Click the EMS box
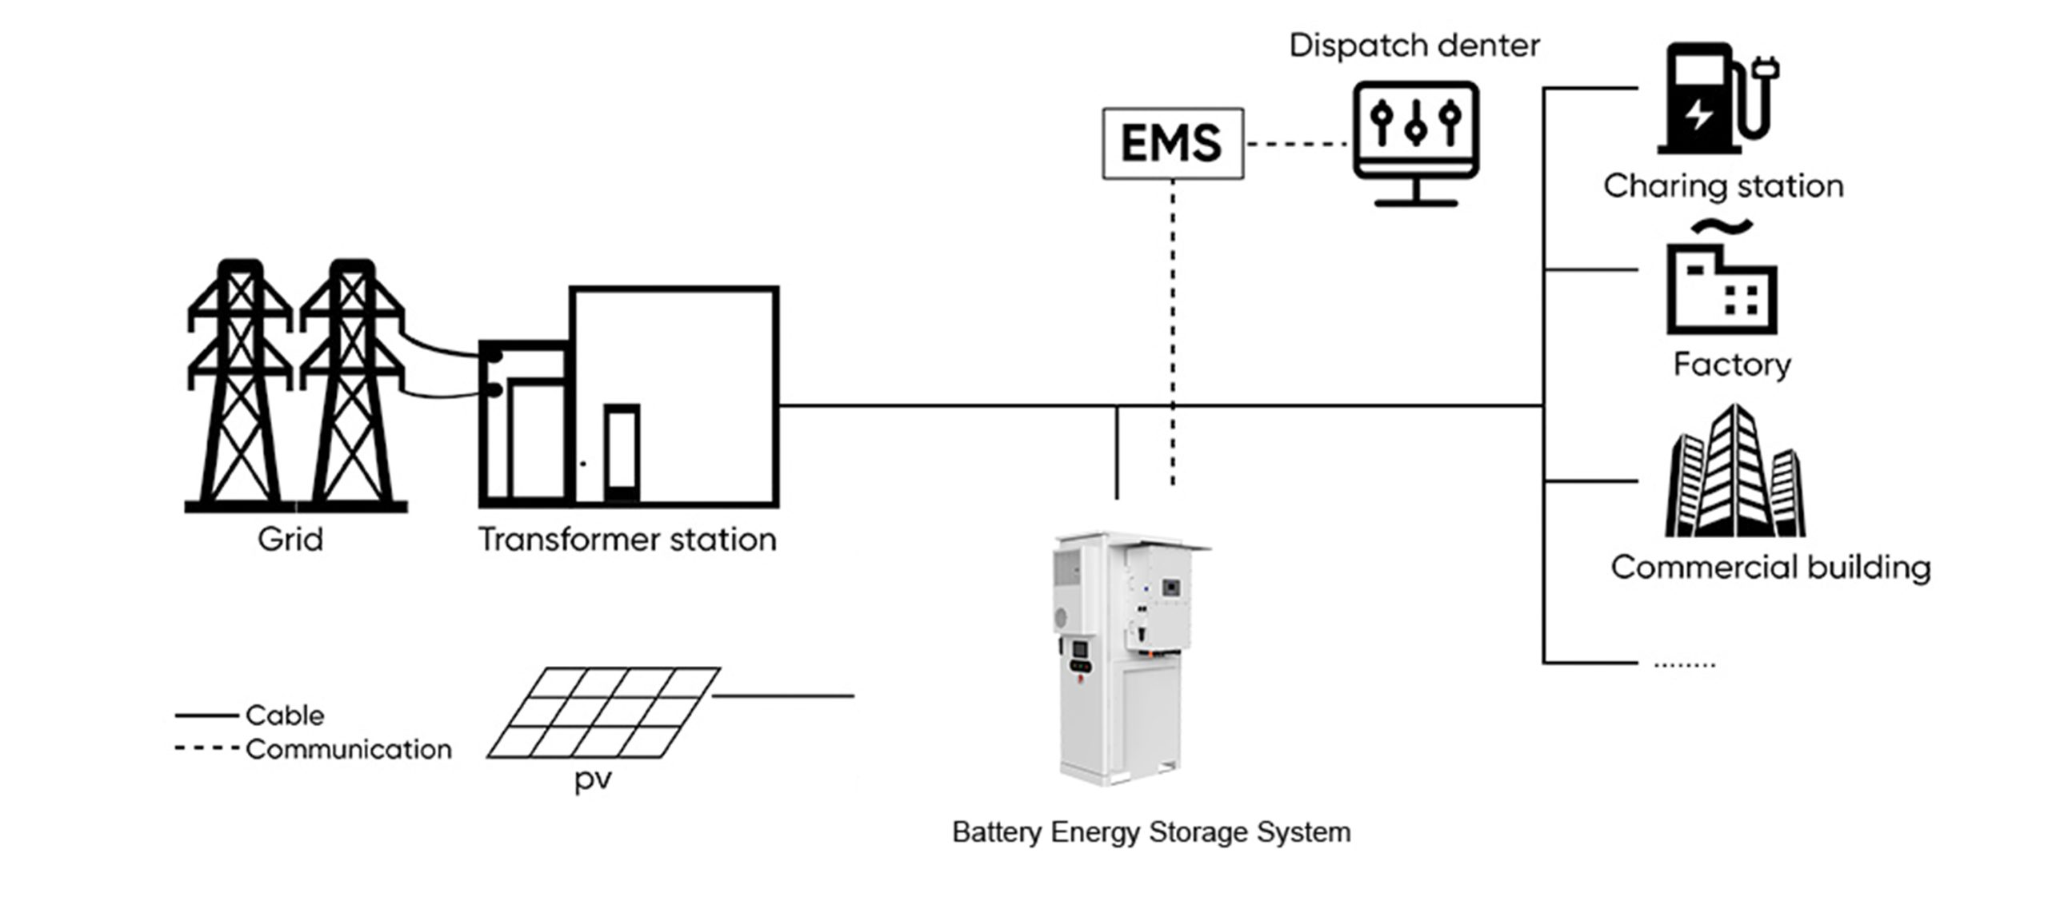(x=1172, y=144)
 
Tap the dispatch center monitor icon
(x=1415, y=142)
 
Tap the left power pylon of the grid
(x=240, y=384)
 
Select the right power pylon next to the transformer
(x=352, y=384)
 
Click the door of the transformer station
(x=622, y=452)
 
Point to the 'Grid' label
(x=290, y=540)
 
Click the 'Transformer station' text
(x=627, y=540)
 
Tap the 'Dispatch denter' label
(x=1414, y=46)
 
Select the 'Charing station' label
(x=1723, y=186)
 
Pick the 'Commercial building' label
(x=1770, y=568)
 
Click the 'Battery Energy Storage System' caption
(x=1151, y=832)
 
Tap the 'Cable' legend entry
(x=285, y=716)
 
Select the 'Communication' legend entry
(x=348, y=750)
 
